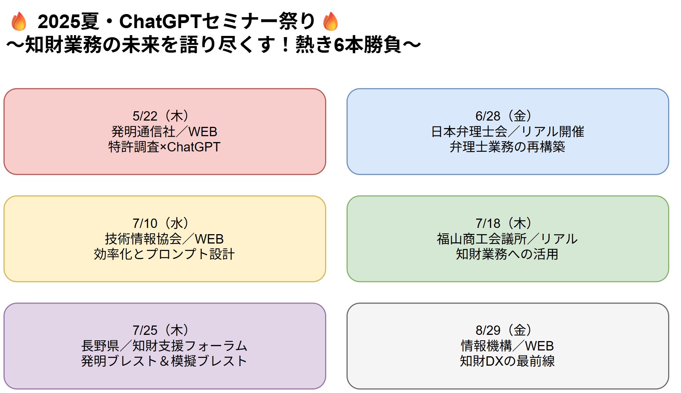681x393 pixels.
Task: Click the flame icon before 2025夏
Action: coord(19,21)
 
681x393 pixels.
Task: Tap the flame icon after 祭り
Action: coord(331,21)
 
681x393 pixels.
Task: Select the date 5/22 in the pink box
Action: coord(145,116)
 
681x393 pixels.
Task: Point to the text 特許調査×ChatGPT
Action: coord(165,147)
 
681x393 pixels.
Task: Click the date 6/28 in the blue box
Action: coord(488,116)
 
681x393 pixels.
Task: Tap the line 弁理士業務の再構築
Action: coord(508,147)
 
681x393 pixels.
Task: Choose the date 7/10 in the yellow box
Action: coord(145,224)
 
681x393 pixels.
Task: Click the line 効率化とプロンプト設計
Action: coord(165,254)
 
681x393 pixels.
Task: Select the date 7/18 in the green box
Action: coord(488,224)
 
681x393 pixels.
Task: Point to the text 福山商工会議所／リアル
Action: coord(508,239)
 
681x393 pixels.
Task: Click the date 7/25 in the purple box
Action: coord(145,331)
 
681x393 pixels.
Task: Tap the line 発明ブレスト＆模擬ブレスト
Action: coord(165,361)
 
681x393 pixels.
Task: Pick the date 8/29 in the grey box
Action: coord(488,331)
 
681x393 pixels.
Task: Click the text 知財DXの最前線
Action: coord(508,361)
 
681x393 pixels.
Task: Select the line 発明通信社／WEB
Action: coord(165,132)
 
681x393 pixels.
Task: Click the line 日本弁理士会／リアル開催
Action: coord(508,132)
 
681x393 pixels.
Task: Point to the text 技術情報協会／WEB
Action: coord(165,239)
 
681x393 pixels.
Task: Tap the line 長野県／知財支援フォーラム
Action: coord(165,346)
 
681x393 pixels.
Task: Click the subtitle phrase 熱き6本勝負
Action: coord(348,44)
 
